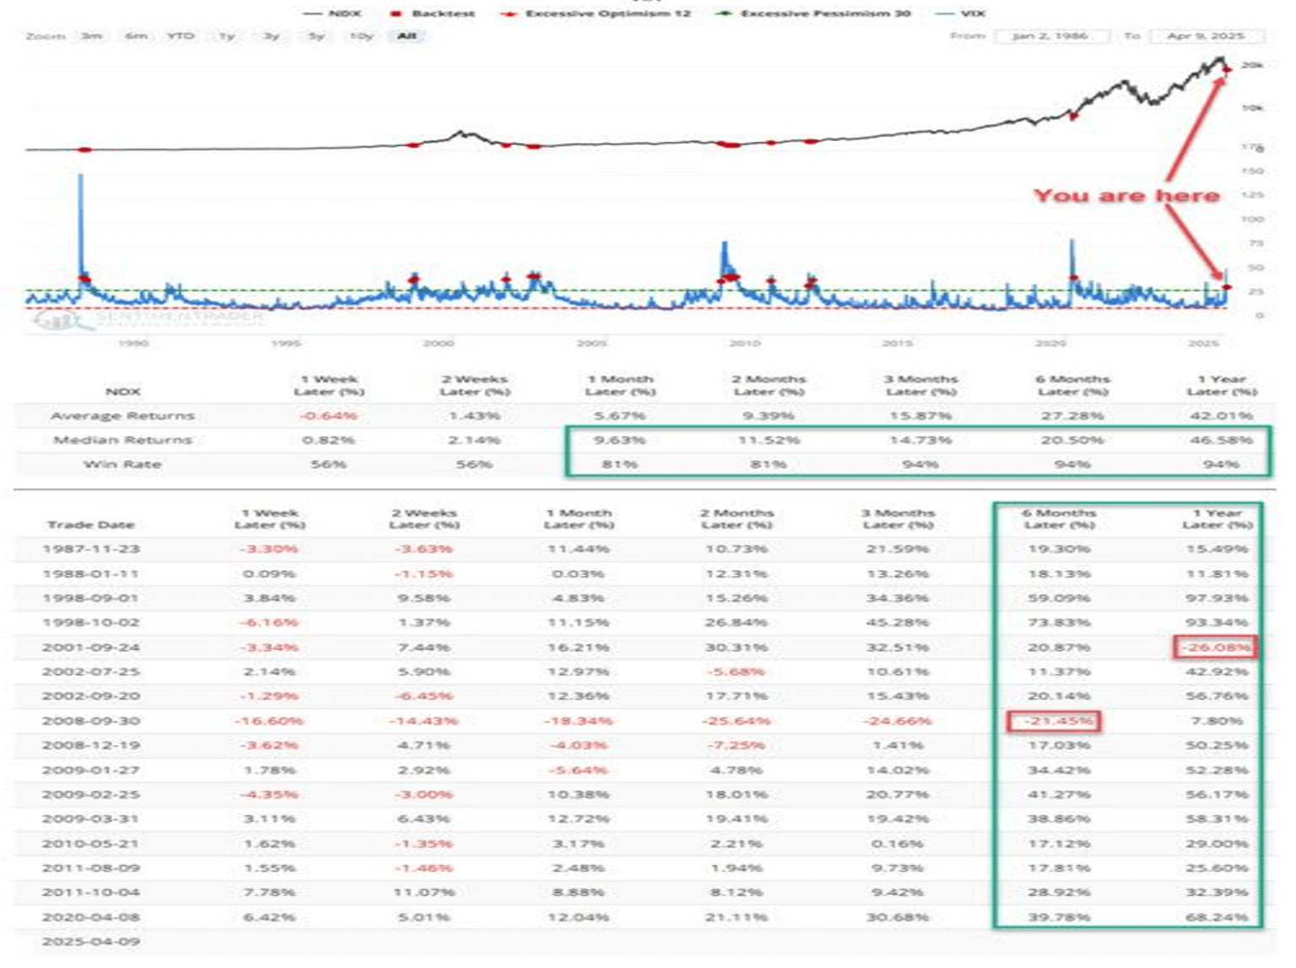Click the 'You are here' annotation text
1126,196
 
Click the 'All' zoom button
407,36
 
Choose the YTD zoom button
180,36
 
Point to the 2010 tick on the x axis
744,343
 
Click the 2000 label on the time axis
438,343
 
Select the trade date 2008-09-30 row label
91,721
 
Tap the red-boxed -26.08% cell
1215,647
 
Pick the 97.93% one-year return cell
1216,598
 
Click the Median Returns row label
122,440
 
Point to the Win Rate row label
122,464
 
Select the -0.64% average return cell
328,415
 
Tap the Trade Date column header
90,525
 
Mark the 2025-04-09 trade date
91,941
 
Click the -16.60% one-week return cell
269,721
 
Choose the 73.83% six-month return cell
1058,623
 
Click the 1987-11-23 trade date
91,549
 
